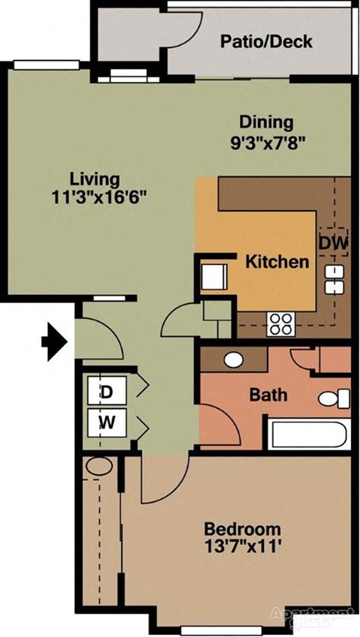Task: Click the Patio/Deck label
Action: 265,42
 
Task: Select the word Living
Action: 94,180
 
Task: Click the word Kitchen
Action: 277,262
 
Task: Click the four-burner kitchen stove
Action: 281,324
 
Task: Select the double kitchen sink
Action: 333,279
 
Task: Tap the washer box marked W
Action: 107,422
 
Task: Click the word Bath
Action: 268,395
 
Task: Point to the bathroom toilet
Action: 334,398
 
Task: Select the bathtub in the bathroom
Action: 307,435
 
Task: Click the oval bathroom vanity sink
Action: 233,359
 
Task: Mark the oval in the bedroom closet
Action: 97,467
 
